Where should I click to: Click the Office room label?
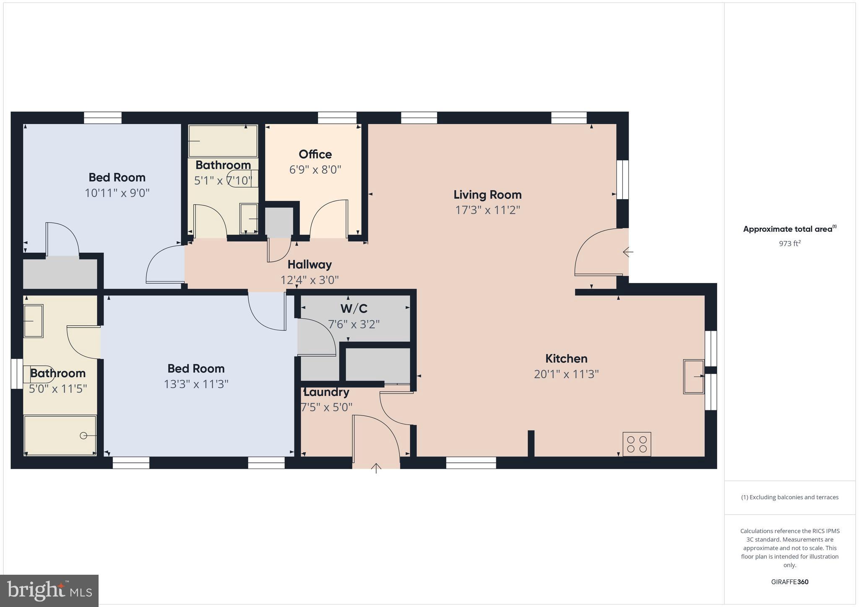click(x=315, y=154)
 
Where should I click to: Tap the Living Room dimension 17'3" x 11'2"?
click(x=487, y=210)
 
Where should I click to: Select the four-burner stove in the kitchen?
click(x=636, y=444)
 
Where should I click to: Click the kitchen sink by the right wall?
click(x=694, y=376)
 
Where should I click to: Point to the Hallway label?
click(x=310, y=265)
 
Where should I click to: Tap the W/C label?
click(x=354, y=309)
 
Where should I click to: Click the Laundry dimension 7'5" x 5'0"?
click(x=327, y=407)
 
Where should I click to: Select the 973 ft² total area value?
click(x=789, y=244)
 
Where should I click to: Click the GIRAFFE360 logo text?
click(x=789, y=582)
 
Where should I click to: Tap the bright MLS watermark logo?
click(x=49, y=591)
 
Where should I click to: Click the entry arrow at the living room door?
click(x=628, y=252)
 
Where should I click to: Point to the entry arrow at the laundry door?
click(x=376, y=468)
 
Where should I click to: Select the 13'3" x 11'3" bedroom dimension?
click(x=196, y=384)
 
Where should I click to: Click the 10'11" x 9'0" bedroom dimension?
click(x=117, y=193)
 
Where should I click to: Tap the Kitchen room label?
click(x=566, y=358)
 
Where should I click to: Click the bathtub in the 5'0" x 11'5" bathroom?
click(x=60, y=435)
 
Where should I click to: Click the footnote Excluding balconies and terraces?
click(x=789, y=497)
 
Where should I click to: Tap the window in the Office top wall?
click(x=337, y=118)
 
